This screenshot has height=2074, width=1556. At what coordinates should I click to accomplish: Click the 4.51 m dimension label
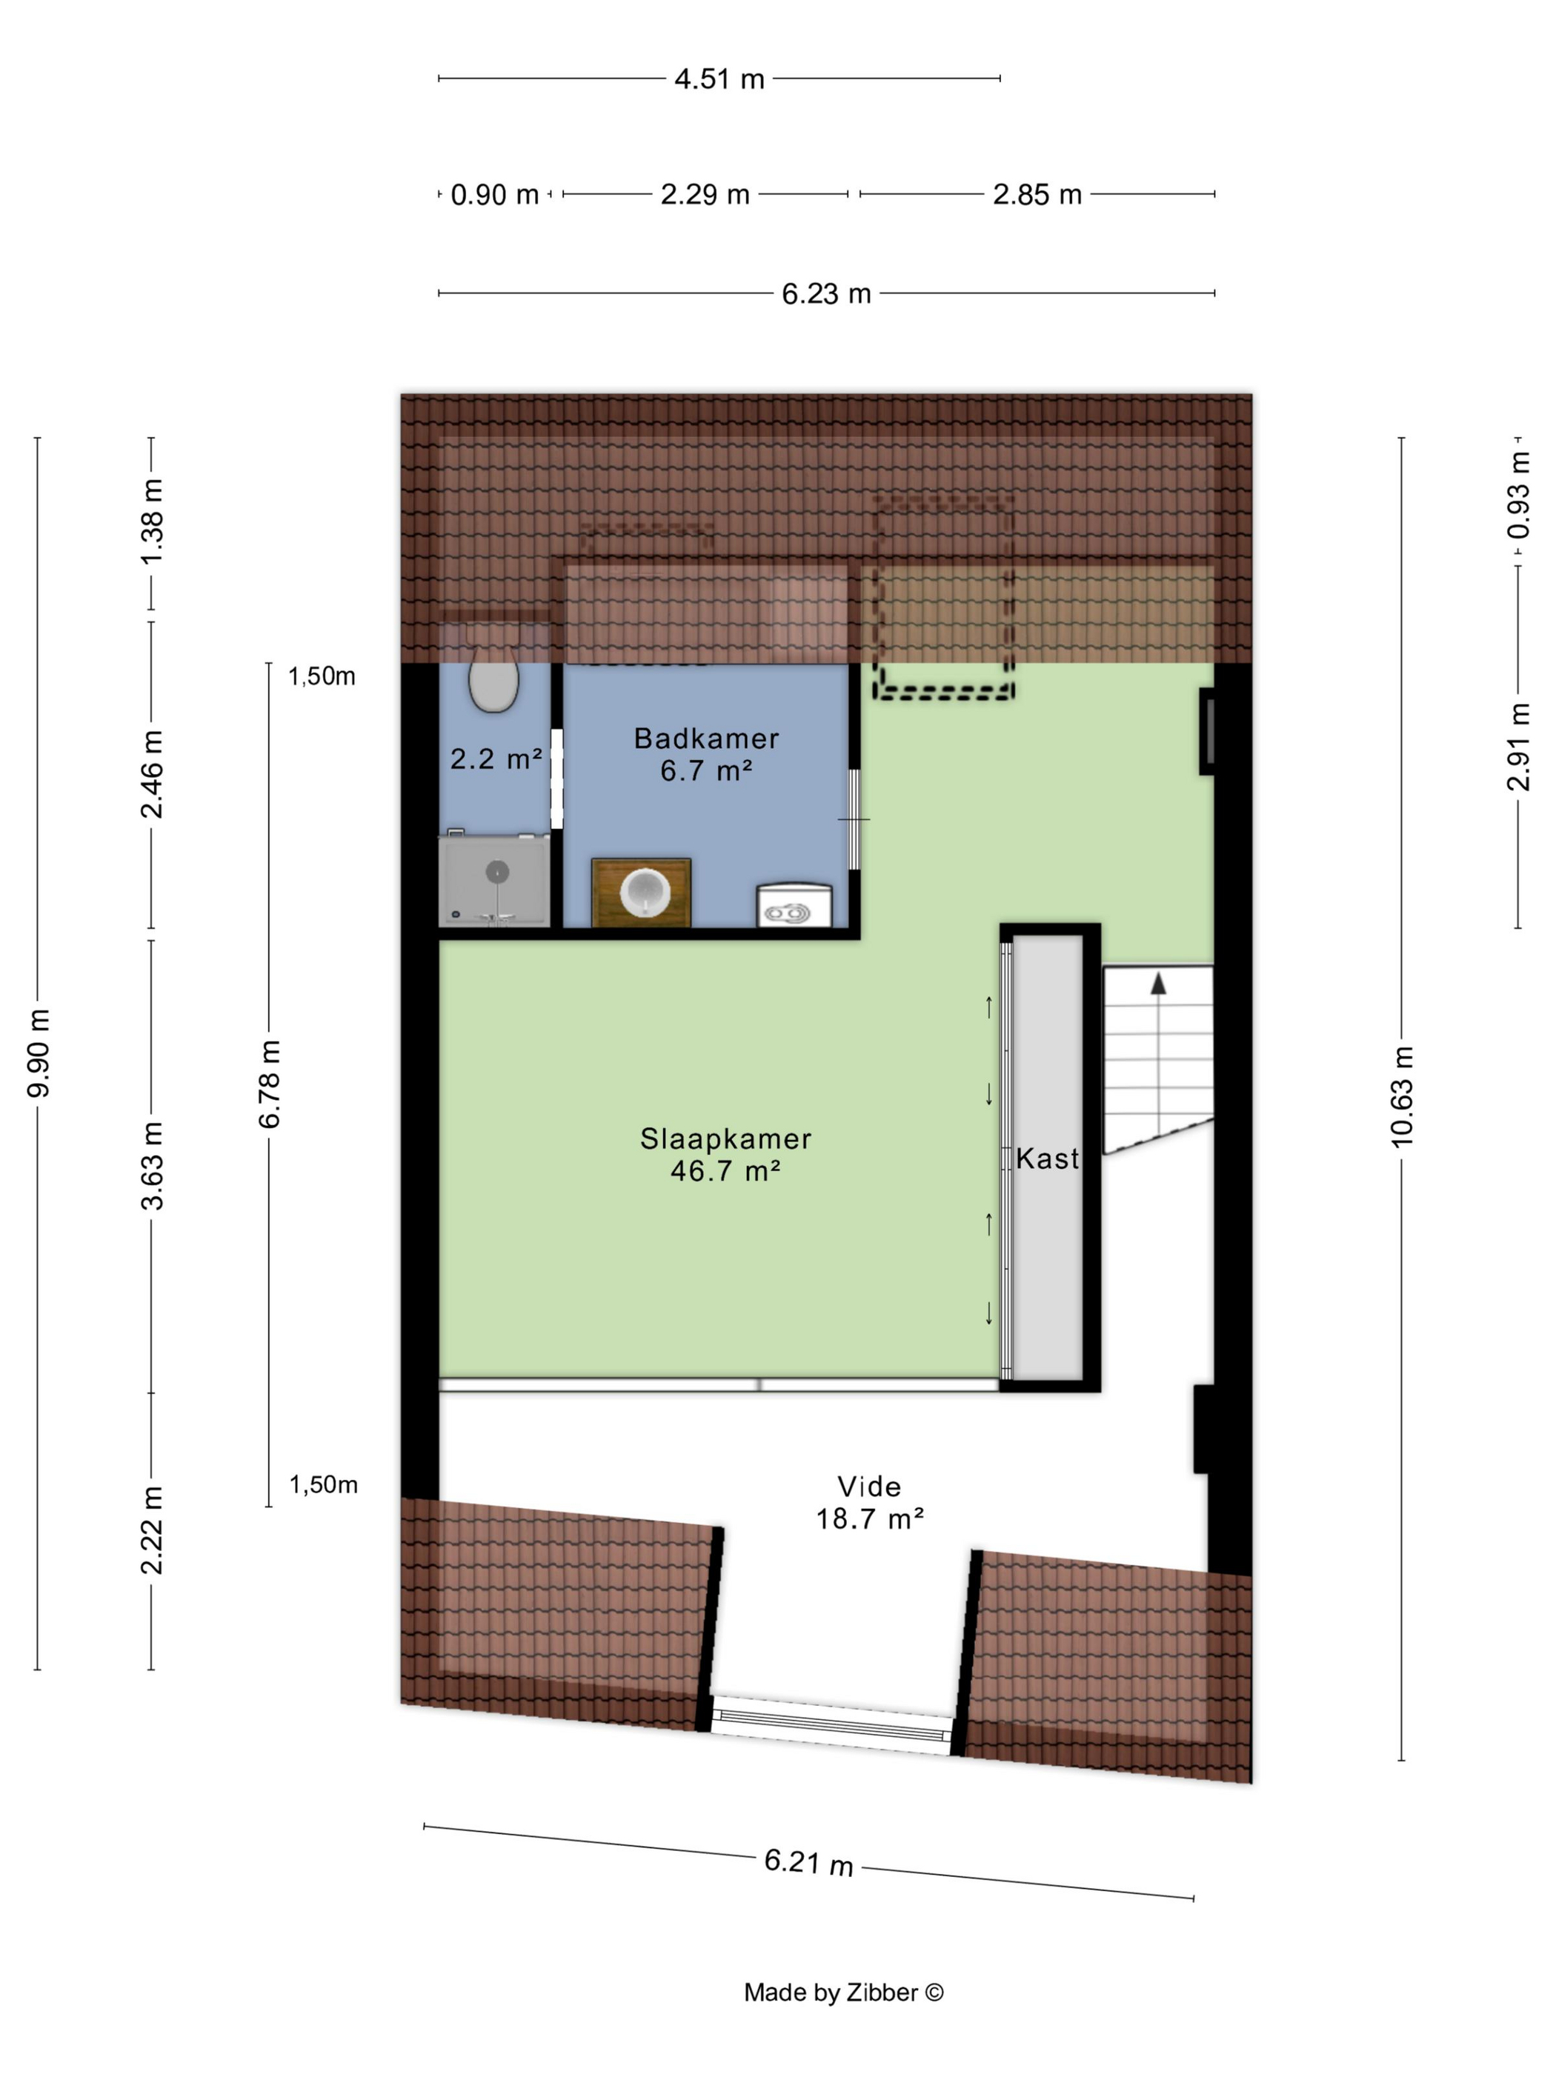click(x=719, y=79)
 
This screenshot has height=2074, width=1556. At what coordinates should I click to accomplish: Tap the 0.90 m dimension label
click(x=494, y=195)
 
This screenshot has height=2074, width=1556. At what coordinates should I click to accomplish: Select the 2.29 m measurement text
click(x=705, y=194)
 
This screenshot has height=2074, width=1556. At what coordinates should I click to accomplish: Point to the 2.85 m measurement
click(x=1037, y=194)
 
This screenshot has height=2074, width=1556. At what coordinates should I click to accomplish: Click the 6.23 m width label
click(x=826, y=293)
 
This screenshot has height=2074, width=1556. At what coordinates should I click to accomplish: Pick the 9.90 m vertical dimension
click(x=39, y=1053)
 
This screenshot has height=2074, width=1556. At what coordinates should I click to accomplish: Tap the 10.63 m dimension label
click(x=1401, y=1096)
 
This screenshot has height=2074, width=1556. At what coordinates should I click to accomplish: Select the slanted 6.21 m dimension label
click(x=808, y=1862)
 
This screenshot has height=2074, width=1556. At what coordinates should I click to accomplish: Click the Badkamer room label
click(x=706, y=738)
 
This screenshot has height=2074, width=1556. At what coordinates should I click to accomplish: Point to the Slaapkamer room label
click(x=726, y=1138)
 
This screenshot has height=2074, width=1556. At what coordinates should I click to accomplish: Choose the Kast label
click(x=1048, y=1159)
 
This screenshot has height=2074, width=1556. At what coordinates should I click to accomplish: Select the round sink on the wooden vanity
click(x=645, y=892)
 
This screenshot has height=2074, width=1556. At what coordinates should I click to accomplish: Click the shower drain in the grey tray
click(x=497, y=872)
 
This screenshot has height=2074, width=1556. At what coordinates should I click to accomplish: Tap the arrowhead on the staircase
click(x=1158, y=984)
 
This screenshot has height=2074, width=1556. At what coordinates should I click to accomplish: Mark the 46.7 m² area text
click(x=726, y=1171)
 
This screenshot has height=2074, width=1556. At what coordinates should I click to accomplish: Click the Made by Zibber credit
click(x=844, y=1993)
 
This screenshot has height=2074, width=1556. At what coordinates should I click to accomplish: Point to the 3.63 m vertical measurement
click(x=152, y=1165)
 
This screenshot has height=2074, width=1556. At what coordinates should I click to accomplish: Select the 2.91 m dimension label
click(x=1518, y=747)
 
